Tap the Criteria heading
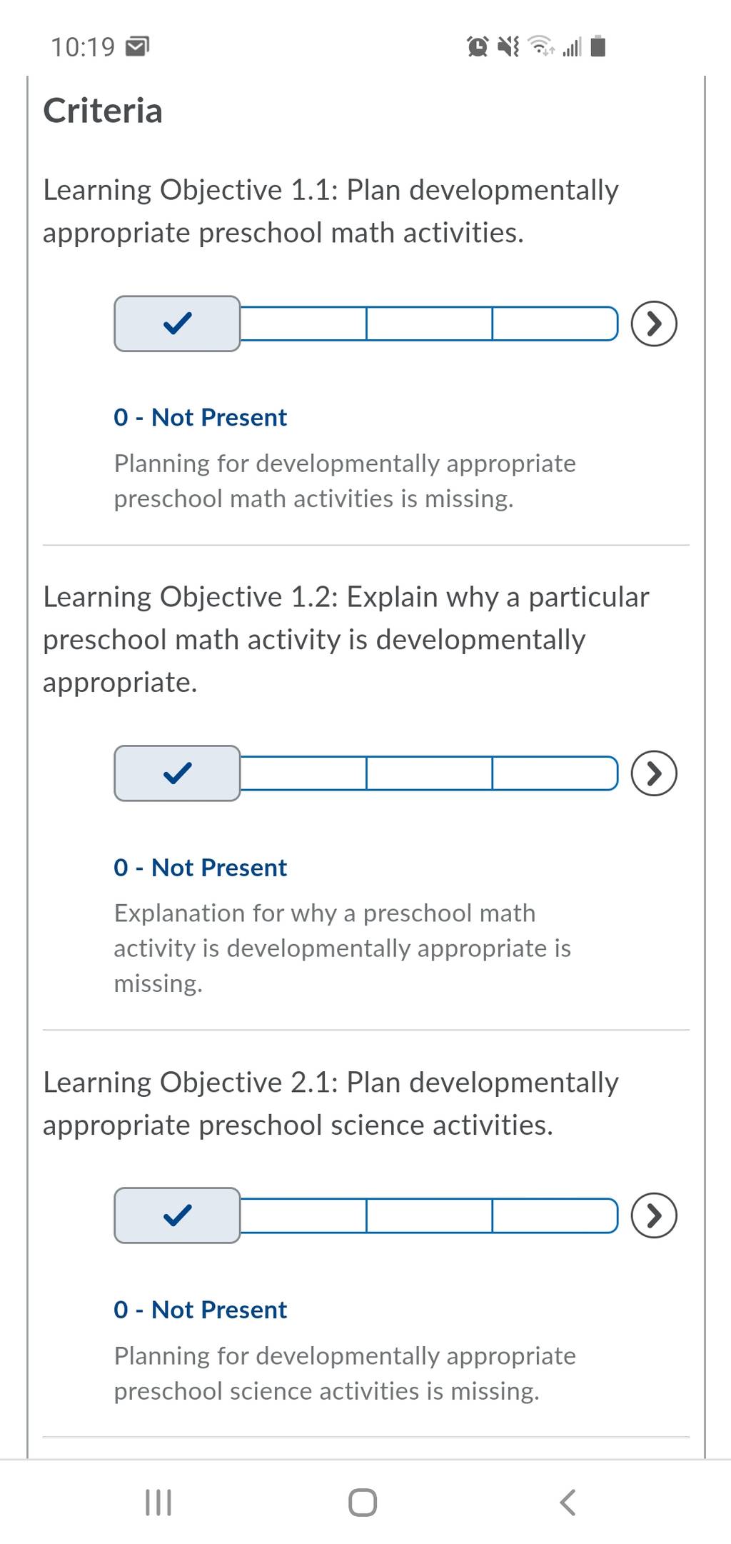(103, 111)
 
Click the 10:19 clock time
(83, 47)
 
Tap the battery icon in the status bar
(599, 46)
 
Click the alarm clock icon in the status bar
(478, 46)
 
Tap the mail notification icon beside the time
(137, 47)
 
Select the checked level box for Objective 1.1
(177, 324)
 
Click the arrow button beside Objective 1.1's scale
(654, 324)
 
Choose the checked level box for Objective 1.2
(177, 773)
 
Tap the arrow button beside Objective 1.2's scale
(654, 773)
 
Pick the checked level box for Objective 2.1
(177, 1215)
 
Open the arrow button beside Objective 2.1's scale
(654, 1215)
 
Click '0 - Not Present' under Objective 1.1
(200, 417)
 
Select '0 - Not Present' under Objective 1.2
(200, 867)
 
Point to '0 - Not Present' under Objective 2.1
(200, 1309)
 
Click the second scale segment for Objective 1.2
(303, 773)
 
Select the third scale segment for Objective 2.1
(429, 1215)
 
